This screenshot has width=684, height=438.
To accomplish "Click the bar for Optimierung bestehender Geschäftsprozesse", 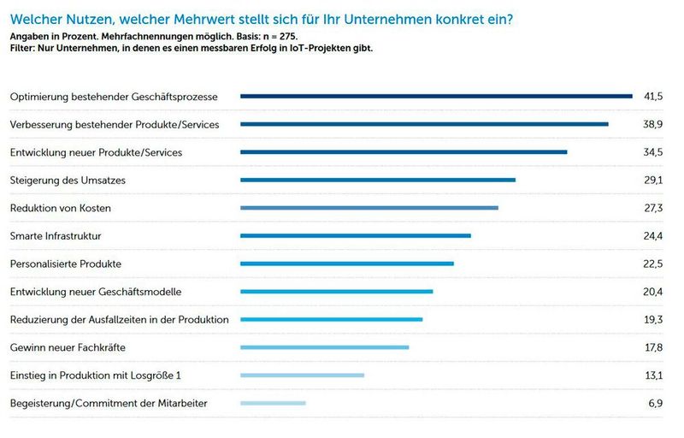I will (436, 97).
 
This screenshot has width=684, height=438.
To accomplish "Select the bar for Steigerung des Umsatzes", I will (378, 180).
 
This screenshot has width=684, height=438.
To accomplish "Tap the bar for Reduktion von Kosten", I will (369, 208).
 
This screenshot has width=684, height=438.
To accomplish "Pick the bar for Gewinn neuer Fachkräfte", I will (325, 347).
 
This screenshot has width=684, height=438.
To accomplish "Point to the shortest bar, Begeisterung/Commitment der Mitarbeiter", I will (273, 403).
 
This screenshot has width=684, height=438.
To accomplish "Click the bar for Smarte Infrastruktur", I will (356, 235).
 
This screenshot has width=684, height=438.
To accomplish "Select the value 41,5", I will (653, 97).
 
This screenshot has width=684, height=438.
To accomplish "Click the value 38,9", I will (653, 124).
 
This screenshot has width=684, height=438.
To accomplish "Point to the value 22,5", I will (653, 263).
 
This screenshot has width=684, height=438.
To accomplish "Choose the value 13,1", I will (653, 376).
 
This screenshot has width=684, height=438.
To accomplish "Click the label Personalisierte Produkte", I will (65, 263).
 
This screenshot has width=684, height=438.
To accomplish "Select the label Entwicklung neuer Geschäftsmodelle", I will (95, 292).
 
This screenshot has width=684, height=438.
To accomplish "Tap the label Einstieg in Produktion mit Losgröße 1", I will (95, 376).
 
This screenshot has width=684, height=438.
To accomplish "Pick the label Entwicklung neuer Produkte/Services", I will (96, 152).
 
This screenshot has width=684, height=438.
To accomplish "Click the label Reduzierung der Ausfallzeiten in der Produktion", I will (119, 319).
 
